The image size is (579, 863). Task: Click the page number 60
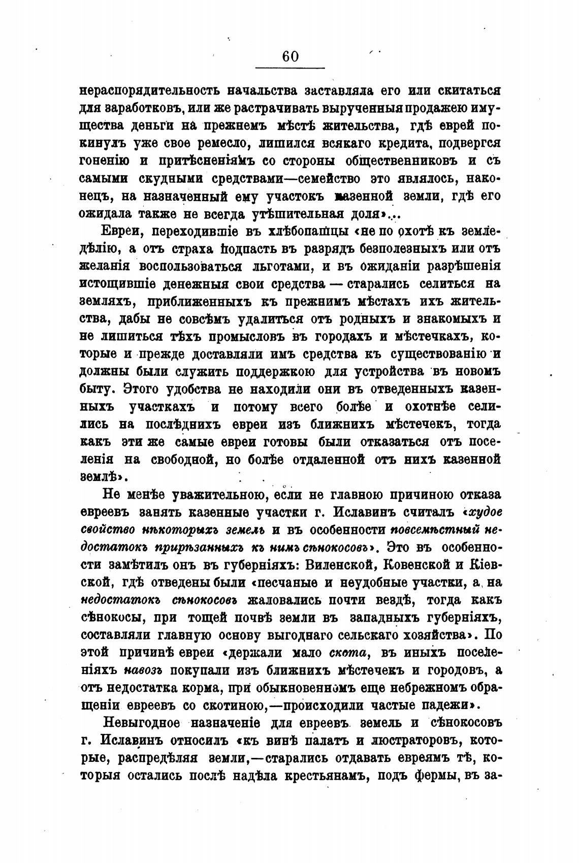pos(290,56)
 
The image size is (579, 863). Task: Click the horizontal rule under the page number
pos(290,68)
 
